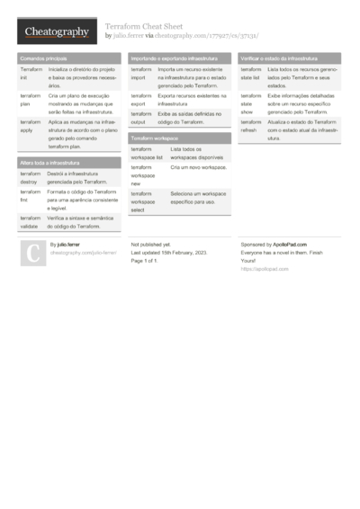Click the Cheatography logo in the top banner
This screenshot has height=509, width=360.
[x=56, y=32]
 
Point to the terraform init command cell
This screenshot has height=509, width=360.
[x=31, y=73]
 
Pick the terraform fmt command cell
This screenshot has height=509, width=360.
[x=31, y=196]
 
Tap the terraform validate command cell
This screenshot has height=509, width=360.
[x=31, y=221]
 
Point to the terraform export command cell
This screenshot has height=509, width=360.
[x=142, y=98]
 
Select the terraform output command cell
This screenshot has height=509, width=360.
[x=142, y=118]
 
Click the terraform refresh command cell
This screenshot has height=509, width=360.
[x=252, y=126]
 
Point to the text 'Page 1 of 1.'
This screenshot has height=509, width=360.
[x=149, y=261]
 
